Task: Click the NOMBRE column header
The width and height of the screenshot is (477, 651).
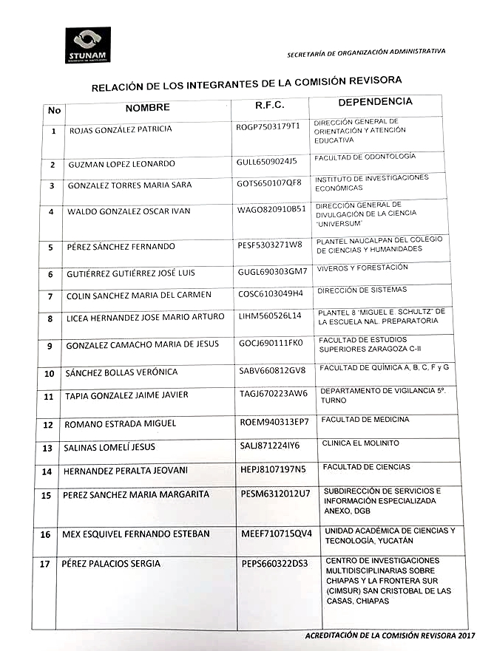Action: click(147, 108)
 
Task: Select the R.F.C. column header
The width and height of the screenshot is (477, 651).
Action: click(269, 105)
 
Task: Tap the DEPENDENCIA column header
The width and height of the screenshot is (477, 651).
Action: click(375, 101)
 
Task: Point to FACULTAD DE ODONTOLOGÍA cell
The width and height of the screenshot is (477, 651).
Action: click(365, 157)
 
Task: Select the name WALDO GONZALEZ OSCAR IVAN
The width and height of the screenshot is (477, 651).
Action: click(129, 211)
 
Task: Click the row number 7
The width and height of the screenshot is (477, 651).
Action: click(50, 296)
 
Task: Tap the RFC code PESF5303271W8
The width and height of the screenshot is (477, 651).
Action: click(270, 244)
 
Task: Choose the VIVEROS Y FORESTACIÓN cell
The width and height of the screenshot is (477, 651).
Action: click(362, 268)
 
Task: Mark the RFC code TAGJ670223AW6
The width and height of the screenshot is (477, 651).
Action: click(273, 394)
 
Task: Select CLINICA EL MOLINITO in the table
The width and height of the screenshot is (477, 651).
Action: click(361, 443)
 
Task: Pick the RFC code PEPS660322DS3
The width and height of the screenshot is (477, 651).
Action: click(274, 564)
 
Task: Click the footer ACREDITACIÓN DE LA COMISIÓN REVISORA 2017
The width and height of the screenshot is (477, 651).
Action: click(390, 635)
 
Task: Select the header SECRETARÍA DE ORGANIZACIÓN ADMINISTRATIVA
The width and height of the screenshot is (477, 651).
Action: click(366, 52)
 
